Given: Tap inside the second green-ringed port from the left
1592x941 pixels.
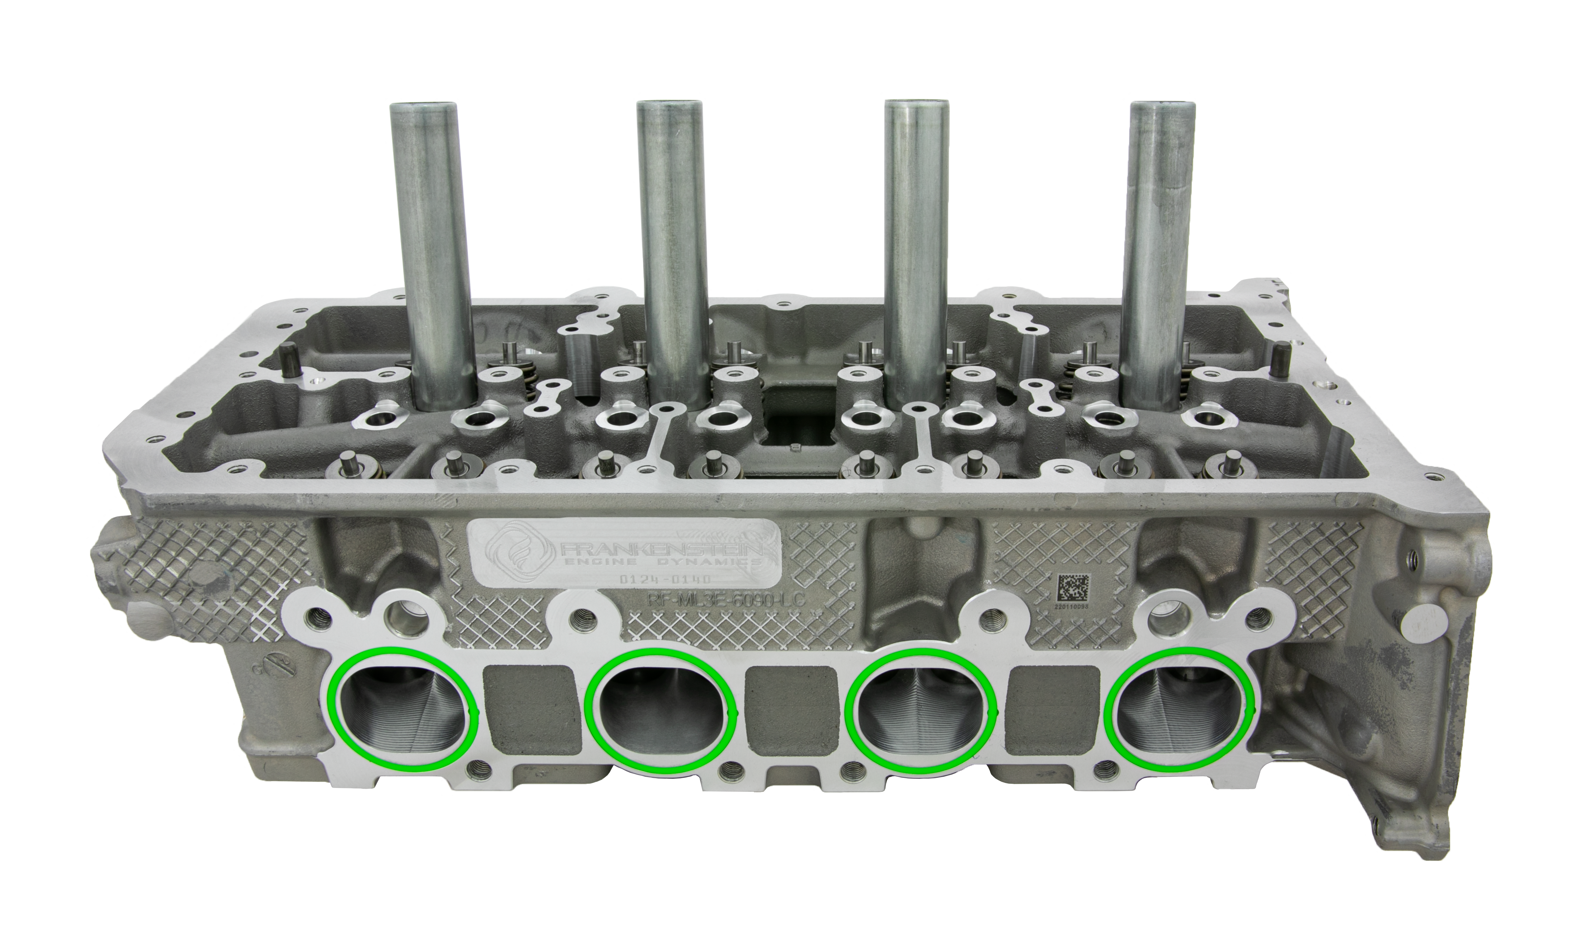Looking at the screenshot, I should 660,711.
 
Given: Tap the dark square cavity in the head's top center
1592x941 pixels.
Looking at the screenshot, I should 798,419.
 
